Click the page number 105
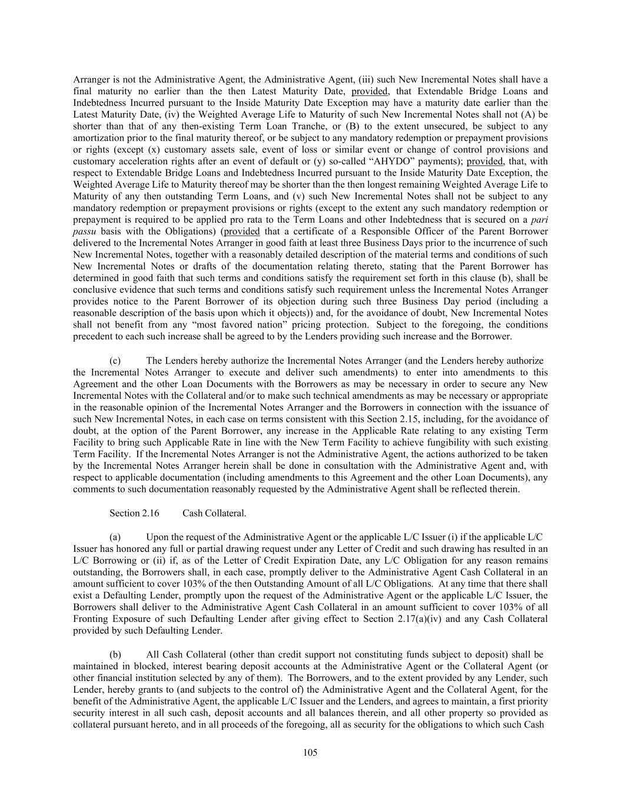click(310, 752)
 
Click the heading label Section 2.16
click(134, 513)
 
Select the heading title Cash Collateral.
click(214, 513)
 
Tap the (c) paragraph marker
click(115, 360)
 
